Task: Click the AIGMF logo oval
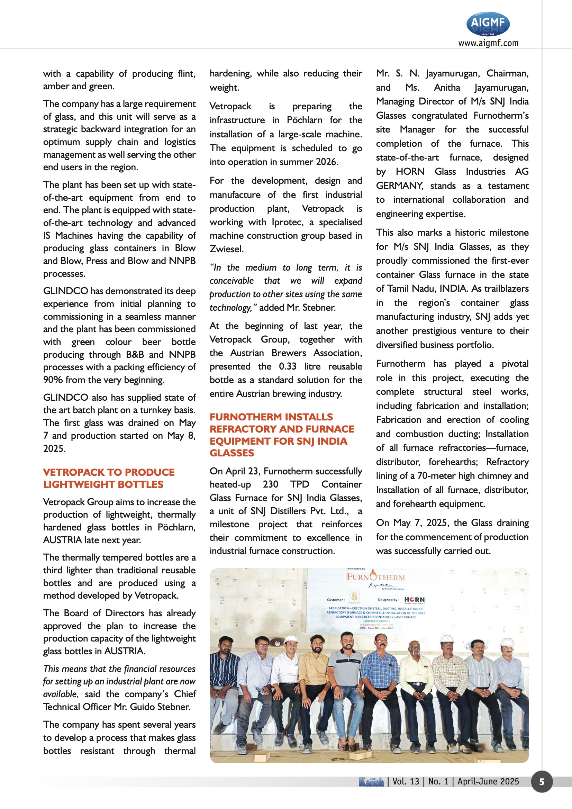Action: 488,24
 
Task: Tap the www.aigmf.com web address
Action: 488,43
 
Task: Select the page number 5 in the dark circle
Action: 542,782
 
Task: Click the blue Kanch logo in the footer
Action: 371,782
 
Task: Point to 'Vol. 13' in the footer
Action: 406,782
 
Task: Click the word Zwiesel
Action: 226,249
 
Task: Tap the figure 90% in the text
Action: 53,380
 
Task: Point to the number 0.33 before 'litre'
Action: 288,366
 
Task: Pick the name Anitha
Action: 447,88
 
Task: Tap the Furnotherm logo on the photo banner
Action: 376,577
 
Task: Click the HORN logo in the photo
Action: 415,600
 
